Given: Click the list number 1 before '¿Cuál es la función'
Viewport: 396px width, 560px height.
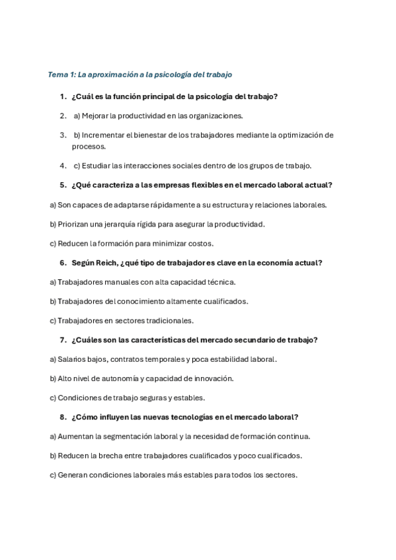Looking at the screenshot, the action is point(62,96).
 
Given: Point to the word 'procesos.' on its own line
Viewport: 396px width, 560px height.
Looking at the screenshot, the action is point(89,146).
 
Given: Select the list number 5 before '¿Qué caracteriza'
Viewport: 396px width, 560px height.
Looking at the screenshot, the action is point(62,185).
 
